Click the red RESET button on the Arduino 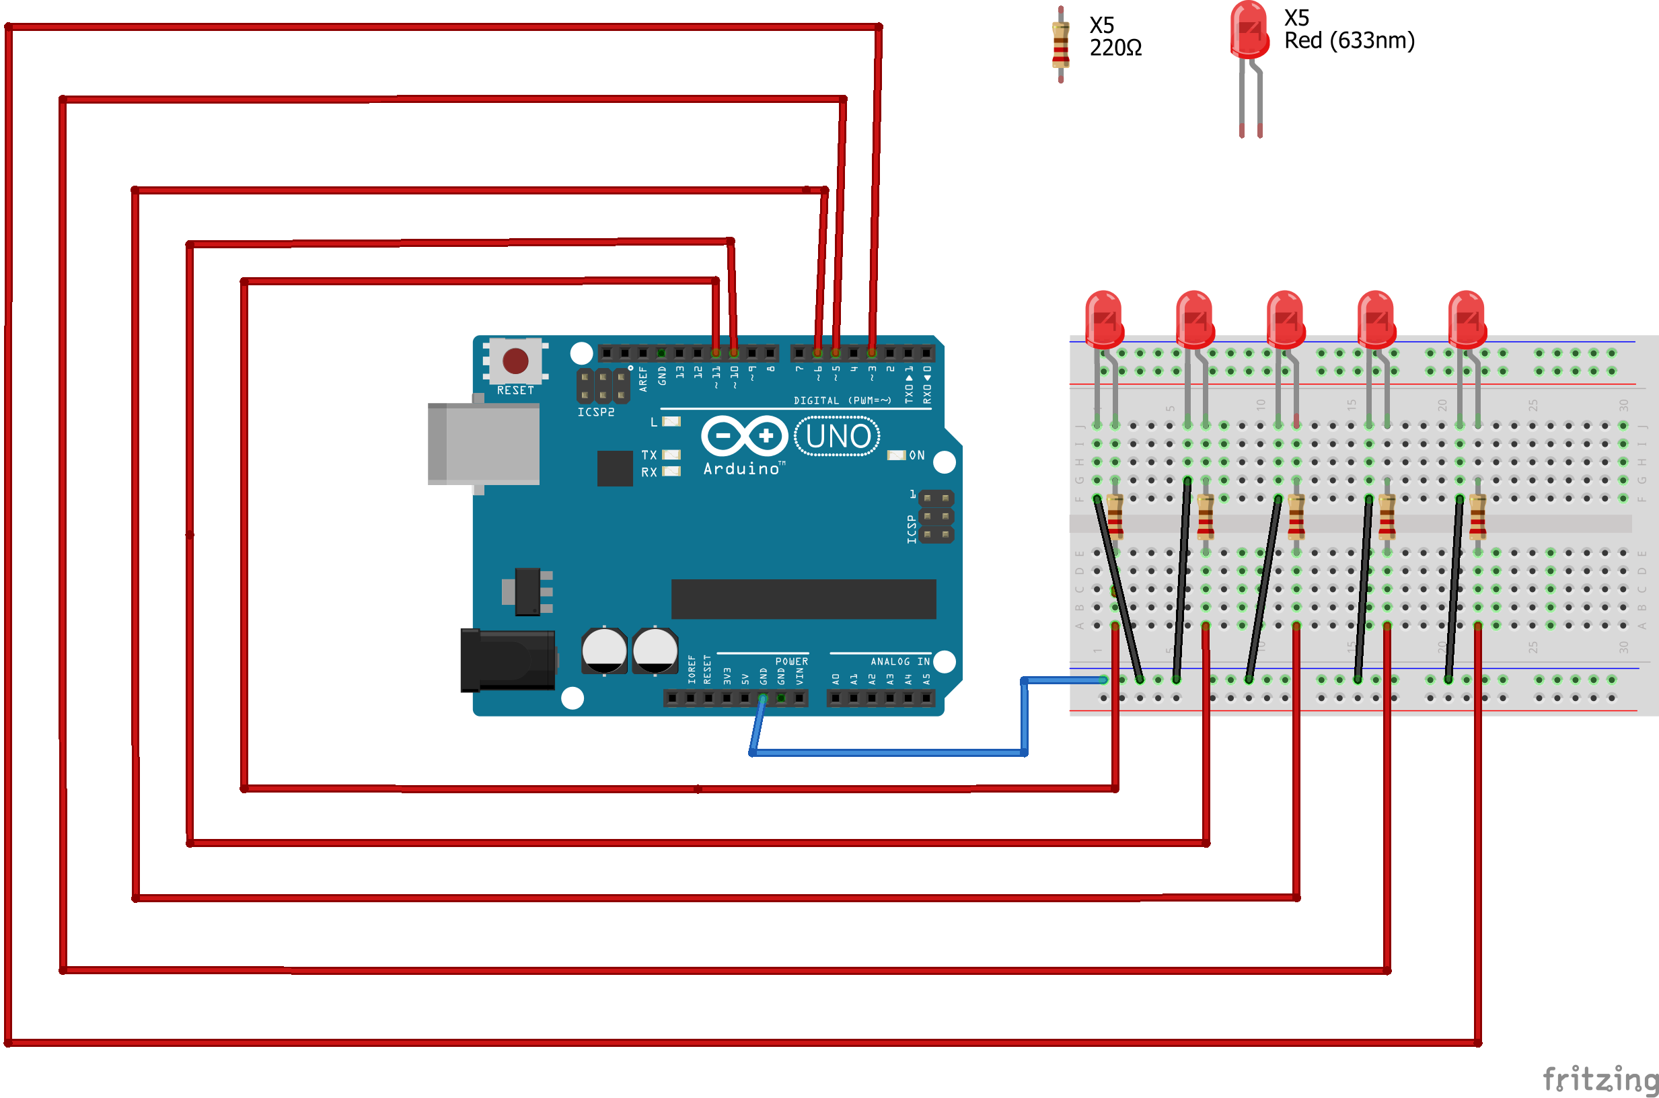pos(515,361)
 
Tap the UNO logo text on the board pos(838,436)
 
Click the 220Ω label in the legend pos(1115,48)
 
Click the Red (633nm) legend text pos(1349,40)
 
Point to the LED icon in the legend pos(1249,32)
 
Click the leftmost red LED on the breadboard pos(1104,320)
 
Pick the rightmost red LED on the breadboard pos(1467,320)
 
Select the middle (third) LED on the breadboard pos(1285,320)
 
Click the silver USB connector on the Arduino pos(484,444)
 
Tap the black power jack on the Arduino pos(507,659)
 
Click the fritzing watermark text pos(1600,1078)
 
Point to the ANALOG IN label pos(899,662)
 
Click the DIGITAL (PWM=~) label pos(842,400)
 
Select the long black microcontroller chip pos(803,599)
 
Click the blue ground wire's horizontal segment pos(889,753)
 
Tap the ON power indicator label pos(916,455)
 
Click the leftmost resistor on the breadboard pos(1115,517)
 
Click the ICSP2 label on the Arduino pos(595,412)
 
